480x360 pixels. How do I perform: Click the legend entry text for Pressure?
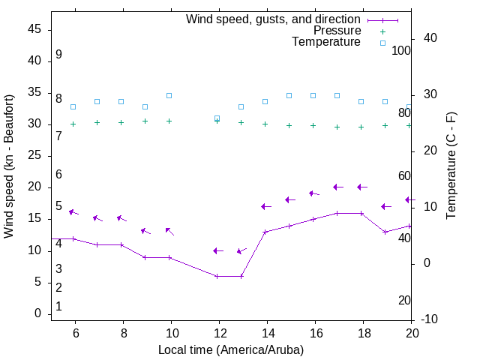(337, 31)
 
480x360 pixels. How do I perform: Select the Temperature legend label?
(326, 42)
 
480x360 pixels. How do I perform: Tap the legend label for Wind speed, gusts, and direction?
(274, 19)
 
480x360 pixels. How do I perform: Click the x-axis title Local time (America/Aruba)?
(231, 349)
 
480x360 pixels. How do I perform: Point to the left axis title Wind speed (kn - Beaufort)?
(9, 166)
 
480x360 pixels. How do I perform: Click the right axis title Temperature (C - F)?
(451, 166)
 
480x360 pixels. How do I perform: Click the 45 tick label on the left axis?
(34, 29)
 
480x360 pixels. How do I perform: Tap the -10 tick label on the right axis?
(431, 319)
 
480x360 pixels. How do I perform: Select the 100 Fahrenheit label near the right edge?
(401, 50)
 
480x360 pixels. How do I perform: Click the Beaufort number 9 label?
(58, 55)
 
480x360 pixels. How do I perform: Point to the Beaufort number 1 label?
(58, 307)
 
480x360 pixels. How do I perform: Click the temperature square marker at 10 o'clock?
(169, 96)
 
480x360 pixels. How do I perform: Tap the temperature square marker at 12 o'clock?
(217, 118)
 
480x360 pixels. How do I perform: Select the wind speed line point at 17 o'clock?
(337, 213)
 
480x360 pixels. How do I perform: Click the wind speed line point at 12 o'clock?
(217, 276)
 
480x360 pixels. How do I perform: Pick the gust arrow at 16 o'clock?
(314, 193)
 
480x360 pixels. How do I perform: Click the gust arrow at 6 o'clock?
(73, 213)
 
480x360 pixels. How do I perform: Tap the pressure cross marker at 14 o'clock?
(265, 124)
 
